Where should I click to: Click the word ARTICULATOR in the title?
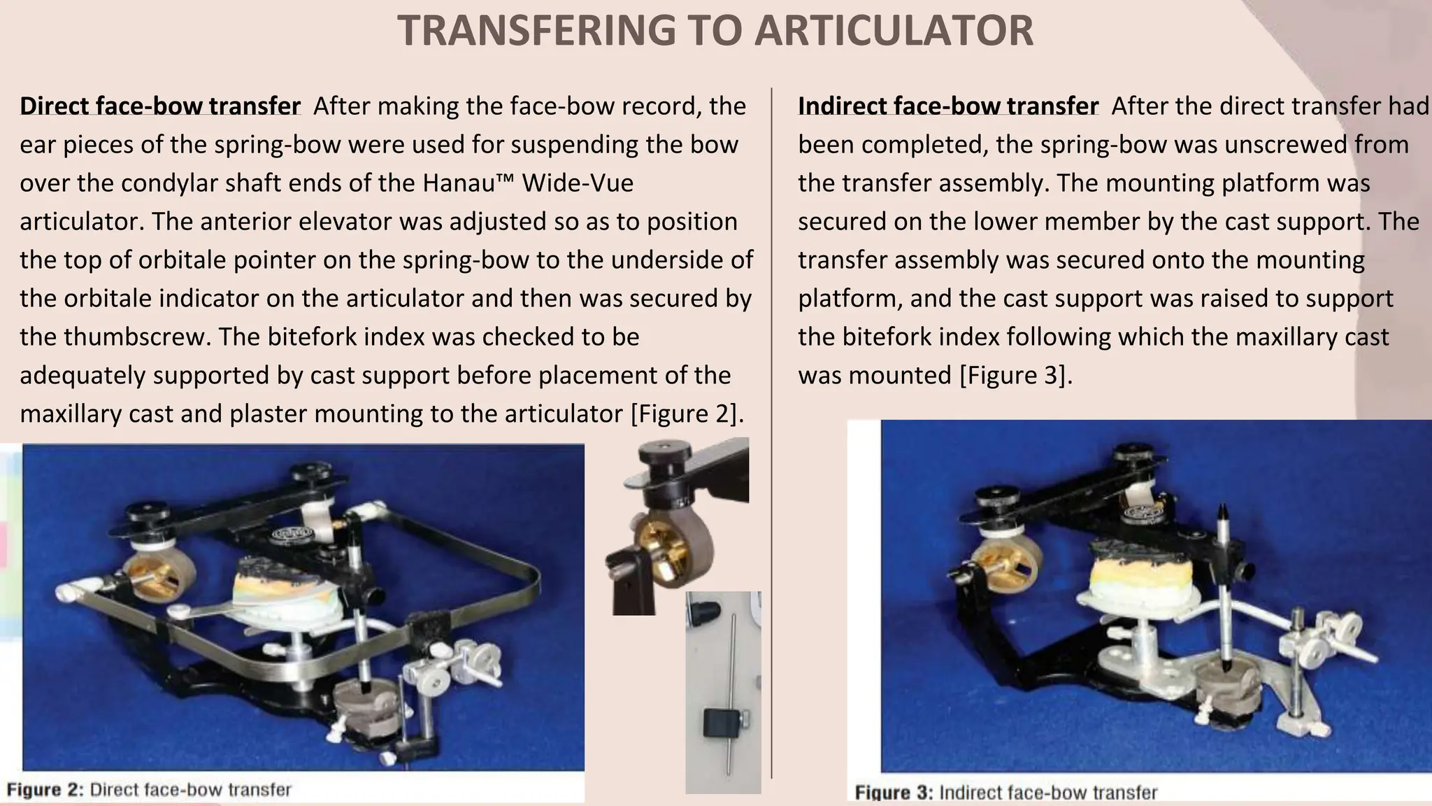coord(895,31)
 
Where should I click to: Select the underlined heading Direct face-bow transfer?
coord(160,106)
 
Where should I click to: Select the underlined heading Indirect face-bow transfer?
coord(948,106)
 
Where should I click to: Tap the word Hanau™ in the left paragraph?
coord(468,183)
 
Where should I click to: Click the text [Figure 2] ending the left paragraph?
coord(685,414)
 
